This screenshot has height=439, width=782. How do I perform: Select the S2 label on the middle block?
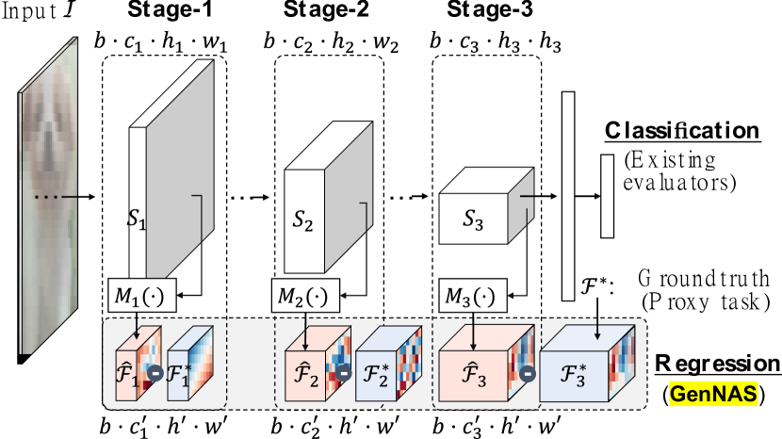click(x=302, y=222)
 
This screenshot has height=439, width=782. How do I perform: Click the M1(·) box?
click(x=137, y=297)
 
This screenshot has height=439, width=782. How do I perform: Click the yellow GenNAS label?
click(x=713, y=394)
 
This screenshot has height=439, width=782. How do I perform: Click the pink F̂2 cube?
click(x=303, y=371)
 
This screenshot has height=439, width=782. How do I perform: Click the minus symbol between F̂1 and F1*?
click(x=155, y=371)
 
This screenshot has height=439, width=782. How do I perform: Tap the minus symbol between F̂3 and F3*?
click(x=529, y=372)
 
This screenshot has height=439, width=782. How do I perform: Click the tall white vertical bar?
click(x=568, y=196)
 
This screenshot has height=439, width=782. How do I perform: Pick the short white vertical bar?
click(x=607, y=196)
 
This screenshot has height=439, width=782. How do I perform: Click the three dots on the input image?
click(x=47, y=197)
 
